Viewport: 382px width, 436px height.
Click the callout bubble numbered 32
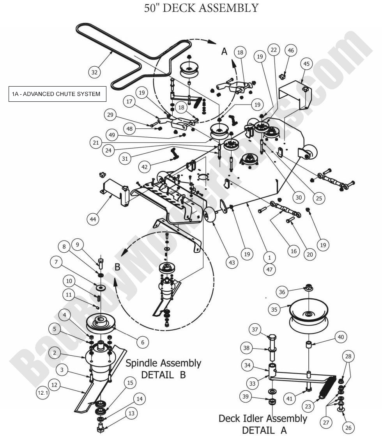tap(94, 72)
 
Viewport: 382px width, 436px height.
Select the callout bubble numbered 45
tap(307, 64)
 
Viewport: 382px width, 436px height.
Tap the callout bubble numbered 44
tap(93, 219)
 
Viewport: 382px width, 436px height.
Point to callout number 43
tap(232, 263)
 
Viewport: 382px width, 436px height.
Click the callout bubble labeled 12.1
tap(42, 394)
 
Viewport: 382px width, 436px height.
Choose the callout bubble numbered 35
tap(274, 310)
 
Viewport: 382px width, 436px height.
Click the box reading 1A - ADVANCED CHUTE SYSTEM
tap(57, 94)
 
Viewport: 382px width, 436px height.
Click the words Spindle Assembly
tap(163, 363)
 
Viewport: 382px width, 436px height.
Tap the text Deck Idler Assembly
tap(262, 418)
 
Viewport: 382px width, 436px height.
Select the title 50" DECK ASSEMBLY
tap(201, 8)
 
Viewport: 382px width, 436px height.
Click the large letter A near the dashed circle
tap(225, 51)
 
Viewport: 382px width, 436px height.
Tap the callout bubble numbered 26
tap(348, 428)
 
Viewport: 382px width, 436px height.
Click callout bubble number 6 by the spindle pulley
tap(143, 342)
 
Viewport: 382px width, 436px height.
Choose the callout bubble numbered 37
tap(255, 330)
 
